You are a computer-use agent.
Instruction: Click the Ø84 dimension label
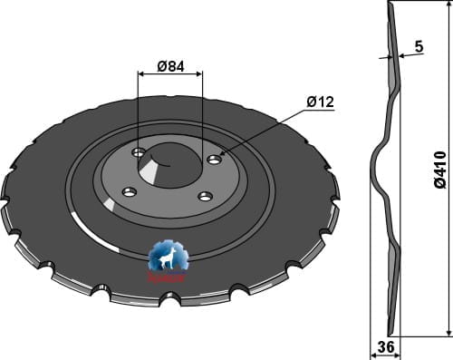[x=171, y=65]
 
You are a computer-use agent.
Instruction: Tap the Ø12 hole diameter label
[x=321, y=102]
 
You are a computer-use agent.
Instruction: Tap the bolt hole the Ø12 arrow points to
[x=214, y=160]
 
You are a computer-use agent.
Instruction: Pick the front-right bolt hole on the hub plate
[x=206, y=196]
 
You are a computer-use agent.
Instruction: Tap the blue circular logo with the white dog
[x=168, y=258]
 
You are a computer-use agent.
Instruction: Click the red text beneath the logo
[x=168, y=278]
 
